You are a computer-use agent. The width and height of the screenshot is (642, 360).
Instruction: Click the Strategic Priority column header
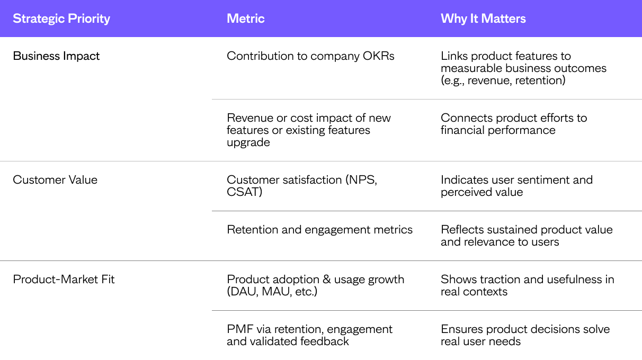61,19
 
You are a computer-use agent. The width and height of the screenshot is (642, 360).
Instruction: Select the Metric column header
246,19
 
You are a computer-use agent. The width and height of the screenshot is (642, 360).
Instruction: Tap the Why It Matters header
483,19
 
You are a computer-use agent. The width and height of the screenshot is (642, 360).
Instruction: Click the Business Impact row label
56,56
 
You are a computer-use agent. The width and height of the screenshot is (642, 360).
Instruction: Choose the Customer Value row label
55,180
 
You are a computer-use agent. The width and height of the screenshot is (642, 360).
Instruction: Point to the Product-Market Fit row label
64,279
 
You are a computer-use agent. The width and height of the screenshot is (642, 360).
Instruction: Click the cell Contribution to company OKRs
310,56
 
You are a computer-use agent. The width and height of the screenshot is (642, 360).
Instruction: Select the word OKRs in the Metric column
379,56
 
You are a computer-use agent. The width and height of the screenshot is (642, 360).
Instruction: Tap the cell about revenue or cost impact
309,130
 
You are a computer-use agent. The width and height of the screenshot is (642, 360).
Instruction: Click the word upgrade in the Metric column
248,142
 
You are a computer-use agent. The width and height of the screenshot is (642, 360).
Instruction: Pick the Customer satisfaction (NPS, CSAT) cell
302,186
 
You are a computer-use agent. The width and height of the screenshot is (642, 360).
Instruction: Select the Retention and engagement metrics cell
319,230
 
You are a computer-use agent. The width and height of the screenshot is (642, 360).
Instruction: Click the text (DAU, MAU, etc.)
272,292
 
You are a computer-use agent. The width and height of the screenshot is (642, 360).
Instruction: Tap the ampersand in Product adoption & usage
326,279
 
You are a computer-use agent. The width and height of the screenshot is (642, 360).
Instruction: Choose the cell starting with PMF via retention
309,335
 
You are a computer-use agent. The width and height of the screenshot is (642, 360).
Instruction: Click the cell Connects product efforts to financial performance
514,124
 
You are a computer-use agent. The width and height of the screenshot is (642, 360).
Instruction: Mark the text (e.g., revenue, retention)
503,80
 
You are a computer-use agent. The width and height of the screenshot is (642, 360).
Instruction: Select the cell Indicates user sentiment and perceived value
517,186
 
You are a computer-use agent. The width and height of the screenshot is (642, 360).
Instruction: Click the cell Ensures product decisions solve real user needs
525,335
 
